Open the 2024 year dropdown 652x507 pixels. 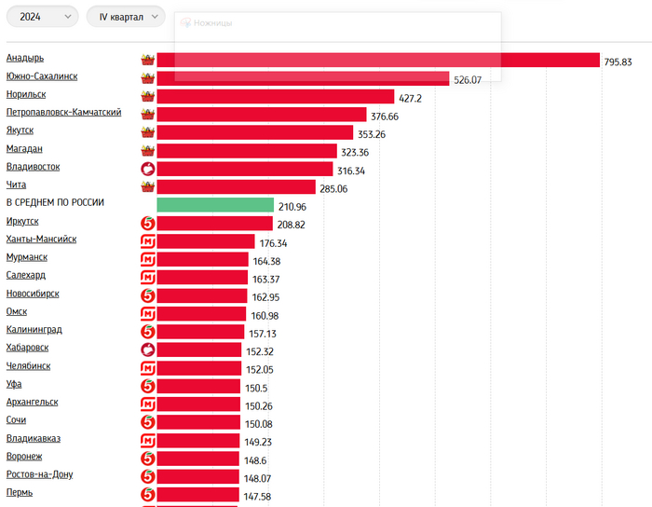[43, 17]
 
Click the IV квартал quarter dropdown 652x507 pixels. [125, 17]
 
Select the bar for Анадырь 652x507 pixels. [377, 60]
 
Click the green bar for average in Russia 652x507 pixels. [214, 205]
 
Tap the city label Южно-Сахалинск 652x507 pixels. [41, 76]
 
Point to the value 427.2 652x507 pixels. [411, 97]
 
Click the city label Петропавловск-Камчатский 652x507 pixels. [63, 113]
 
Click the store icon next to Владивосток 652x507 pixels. [146, 169]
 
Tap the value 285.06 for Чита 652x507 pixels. [333, 187]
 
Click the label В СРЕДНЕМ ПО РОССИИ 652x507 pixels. [55, 203]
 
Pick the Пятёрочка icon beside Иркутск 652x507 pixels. [146, 224]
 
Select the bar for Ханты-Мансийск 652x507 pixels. [205, 241]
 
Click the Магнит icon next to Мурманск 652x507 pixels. [146, 260]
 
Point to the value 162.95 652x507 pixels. [265, 296]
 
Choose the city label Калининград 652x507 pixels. [34, 330]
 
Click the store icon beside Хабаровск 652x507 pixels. [146, 350]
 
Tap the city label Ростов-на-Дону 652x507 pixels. [39, 474]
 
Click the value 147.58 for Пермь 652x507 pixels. [257, 496]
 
